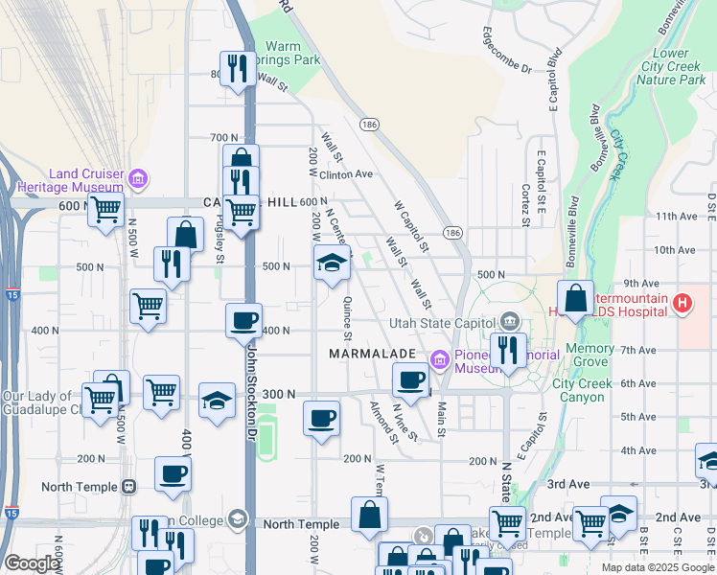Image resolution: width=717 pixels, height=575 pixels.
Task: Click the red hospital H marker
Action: coord(682,305)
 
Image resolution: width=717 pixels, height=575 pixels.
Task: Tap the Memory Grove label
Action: coord(590,356)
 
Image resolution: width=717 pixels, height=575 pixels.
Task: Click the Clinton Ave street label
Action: coord(345,174)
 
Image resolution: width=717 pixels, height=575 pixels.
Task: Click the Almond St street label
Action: coord(384,422)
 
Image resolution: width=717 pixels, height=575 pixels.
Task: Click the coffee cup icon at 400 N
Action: coord(243,319)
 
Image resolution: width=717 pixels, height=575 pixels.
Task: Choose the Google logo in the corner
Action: coord(32,563)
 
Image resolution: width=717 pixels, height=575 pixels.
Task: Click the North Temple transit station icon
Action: coord(127,486)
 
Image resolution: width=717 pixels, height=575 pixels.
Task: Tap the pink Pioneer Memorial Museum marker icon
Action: coord(440,360)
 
